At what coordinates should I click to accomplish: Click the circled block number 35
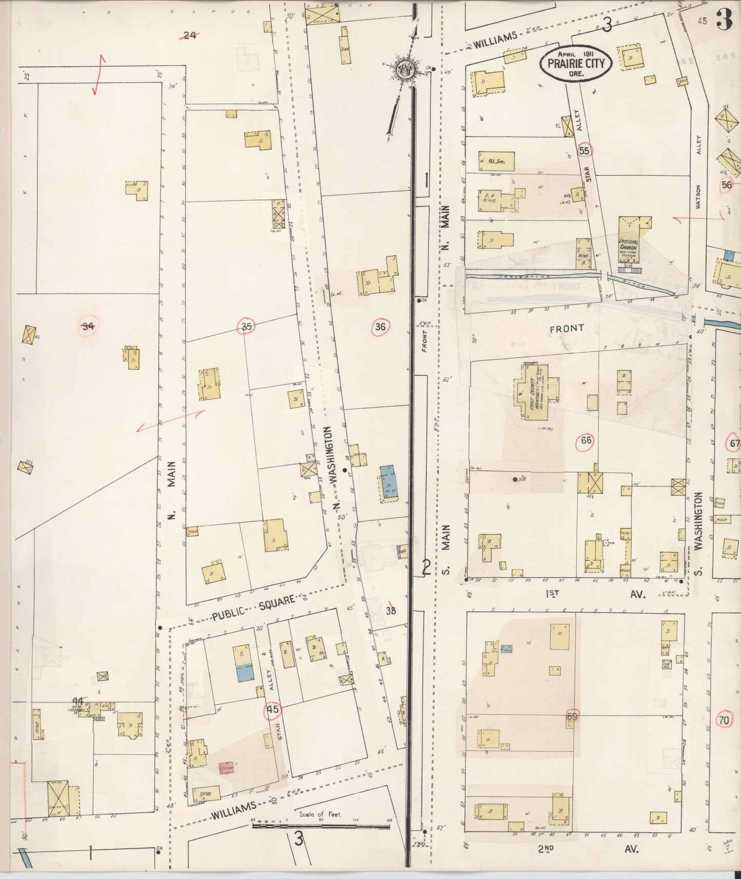click(x=246, y=326)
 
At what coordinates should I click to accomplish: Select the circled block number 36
click(x=380, y=327)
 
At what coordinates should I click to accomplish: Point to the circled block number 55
click(x=584, y=151)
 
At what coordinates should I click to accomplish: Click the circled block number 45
click(x=273, y=710)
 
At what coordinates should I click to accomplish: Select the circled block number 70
click(x=724, y=721)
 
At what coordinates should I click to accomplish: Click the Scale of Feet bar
click(x=321, y=826)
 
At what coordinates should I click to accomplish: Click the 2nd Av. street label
click(x=587, y=849)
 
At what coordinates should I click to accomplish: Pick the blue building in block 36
click(x=388, y=483)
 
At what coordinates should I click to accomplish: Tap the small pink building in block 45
click(x=226, y=768)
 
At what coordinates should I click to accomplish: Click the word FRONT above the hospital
click(x=567, y=329)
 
